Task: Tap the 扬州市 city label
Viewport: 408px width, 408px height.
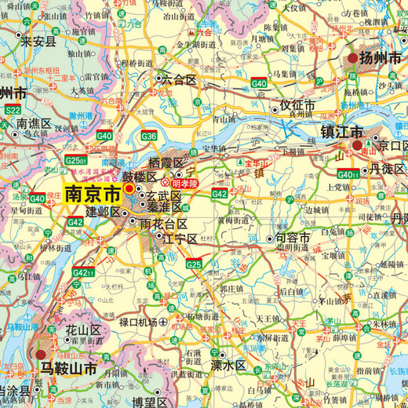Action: pyautogui.click(x=380, y=58)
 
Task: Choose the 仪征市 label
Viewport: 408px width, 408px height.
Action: pyautogui.click(x=298, y=104)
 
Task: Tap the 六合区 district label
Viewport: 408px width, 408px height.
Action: pyautogui.click(x=179, y=79)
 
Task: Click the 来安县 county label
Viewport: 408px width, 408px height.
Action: pyautogui.click(x=39, y=42)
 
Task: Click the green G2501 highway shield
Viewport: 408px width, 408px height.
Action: pyautogui.click(x=76, y=160)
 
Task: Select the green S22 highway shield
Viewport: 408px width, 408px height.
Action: pyautogui.click(x=13, y=111)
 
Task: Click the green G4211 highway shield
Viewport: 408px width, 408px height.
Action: pyautogui.click(x=82, y=272)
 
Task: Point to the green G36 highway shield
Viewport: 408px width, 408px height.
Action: pyautogui.click(x=149, y=136)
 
